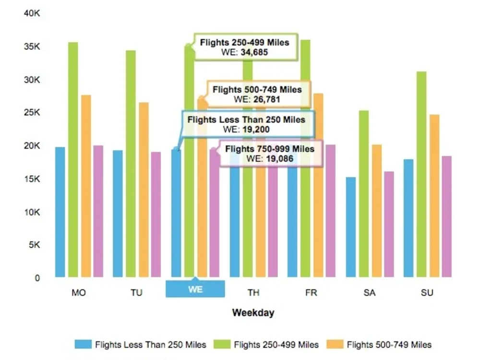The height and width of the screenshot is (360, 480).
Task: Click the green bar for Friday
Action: [x=305, y=158]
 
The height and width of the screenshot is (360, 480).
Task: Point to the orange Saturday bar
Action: [x=377, y=211]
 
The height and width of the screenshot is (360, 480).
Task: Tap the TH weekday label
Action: [x=253, y=292]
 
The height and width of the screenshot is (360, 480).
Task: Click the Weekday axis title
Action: [x=253, y=312]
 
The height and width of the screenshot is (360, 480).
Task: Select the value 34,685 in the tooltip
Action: [x=254, y=52]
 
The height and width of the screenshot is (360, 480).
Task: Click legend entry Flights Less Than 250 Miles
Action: [x=150, y=345]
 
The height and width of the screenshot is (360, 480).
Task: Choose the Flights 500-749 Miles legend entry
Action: [x=389, y=345]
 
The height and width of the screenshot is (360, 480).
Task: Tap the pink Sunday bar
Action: [x=446, y=216]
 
